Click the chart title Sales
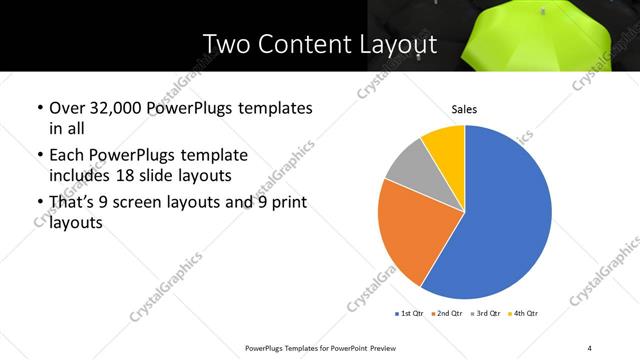(464, 108)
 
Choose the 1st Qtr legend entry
(410, 313)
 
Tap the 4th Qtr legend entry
(525, 313)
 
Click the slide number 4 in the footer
(590, 347)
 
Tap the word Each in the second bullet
(68, 155)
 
